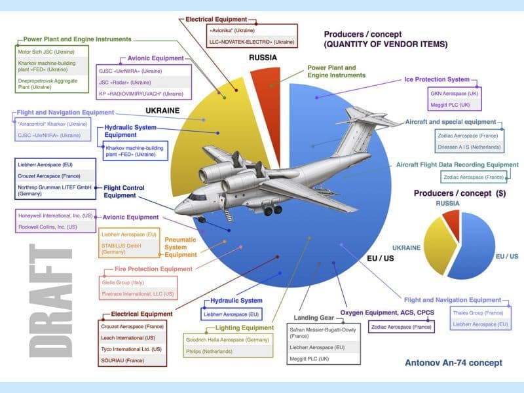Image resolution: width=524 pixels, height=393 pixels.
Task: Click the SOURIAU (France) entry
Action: [121, 360]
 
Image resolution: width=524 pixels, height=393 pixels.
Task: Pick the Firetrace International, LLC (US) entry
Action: [137, 294]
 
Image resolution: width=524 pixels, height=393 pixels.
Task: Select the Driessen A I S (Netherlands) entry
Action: [468, 147]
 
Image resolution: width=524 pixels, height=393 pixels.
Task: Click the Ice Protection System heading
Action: [445, 79]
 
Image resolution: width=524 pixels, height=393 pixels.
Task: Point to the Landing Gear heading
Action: [320, 317]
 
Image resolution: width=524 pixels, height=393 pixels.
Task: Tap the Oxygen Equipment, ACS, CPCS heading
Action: [388, 312]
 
